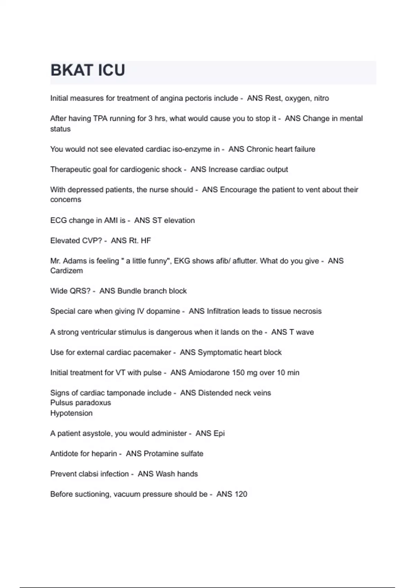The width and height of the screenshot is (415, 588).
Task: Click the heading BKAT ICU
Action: coord(88,70)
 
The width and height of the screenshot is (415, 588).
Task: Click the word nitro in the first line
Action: coord(321,98)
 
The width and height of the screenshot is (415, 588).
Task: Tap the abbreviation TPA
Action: coord(100,119)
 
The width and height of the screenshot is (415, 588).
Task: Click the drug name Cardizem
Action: coord(66,271)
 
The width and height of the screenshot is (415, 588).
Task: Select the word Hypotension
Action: coord(71,413)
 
